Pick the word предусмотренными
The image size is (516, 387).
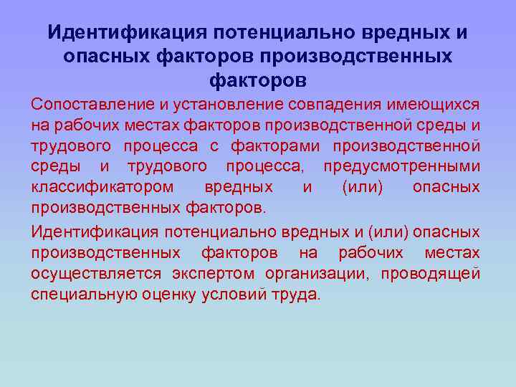click(401, 167)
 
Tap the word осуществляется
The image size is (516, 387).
click(96, 274)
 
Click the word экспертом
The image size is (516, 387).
click(215, 274)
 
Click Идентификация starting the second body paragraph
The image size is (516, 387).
click(95, 233)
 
